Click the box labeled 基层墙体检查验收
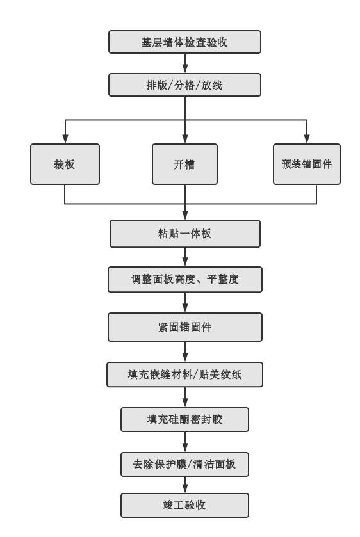(185, 42)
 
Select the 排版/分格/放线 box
(185, 84)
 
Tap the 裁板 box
(65, 164)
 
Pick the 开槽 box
(185, 164)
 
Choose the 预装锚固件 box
(307, 164)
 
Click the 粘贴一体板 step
(185, 234)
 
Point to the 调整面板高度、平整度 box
(185, 280)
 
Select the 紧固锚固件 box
(185, 327)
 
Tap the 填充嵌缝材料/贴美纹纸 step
(185, 373)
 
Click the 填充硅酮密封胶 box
(185, 419)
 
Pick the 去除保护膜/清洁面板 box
(185, 464)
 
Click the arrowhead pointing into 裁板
(65, 140)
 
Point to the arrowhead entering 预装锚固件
(307, 140)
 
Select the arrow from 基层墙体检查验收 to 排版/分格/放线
(185, 63)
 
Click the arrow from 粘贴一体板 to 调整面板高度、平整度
(185, 257)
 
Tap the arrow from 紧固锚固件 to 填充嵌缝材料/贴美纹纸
(185, 351)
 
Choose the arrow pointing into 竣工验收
(185, 485)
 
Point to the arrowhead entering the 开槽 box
(185, 140)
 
